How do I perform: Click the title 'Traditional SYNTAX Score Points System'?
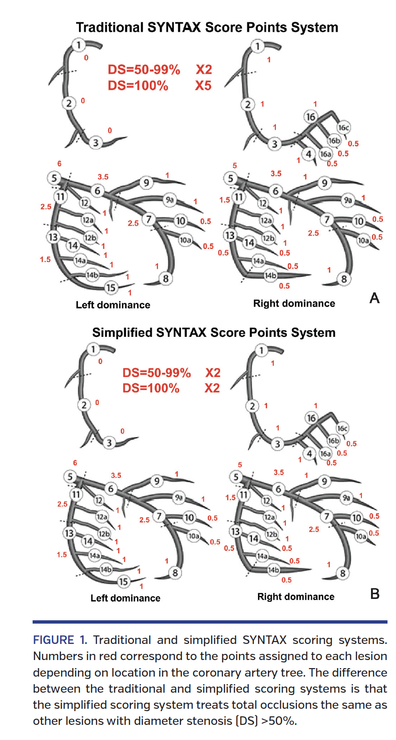click(x=207, y=27)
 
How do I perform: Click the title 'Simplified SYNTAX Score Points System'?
click(x=214, y=332)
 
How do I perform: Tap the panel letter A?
click(x=374, y=298)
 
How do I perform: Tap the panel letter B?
click(x=374, y=594)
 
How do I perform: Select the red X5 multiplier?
click(x=204, y=86)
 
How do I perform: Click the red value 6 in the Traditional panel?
click(x=59, y=163)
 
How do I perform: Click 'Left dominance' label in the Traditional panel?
click(x=113, y=305)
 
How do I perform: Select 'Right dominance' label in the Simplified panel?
click(x=295, y=597)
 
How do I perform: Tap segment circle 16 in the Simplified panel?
click(x=310, y=418)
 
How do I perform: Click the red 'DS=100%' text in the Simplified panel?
click(x=151, y=388)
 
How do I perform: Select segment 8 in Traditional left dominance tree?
click(x=165, y=279)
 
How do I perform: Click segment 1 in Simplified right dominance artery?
click(x=260, y=350)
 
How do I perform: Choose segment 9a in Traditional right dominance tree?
click(x=348, y=201)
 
